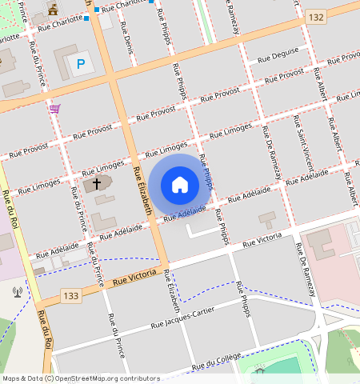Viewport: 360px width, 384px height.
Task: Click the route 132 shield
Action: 316,16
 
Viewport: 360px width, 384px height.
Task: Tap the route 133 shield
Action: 71,296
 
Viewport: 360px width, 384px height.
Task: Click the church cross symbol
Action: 97,184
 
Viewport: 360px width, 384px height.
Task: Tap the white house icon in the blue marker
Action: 180,185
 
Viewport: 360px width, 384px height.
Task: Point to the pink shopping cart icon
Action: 54,108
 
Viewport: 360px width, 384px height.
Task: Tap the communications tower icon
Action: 17,291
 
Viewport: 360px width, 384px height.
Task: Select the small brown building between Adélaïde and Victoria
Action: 266,218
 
